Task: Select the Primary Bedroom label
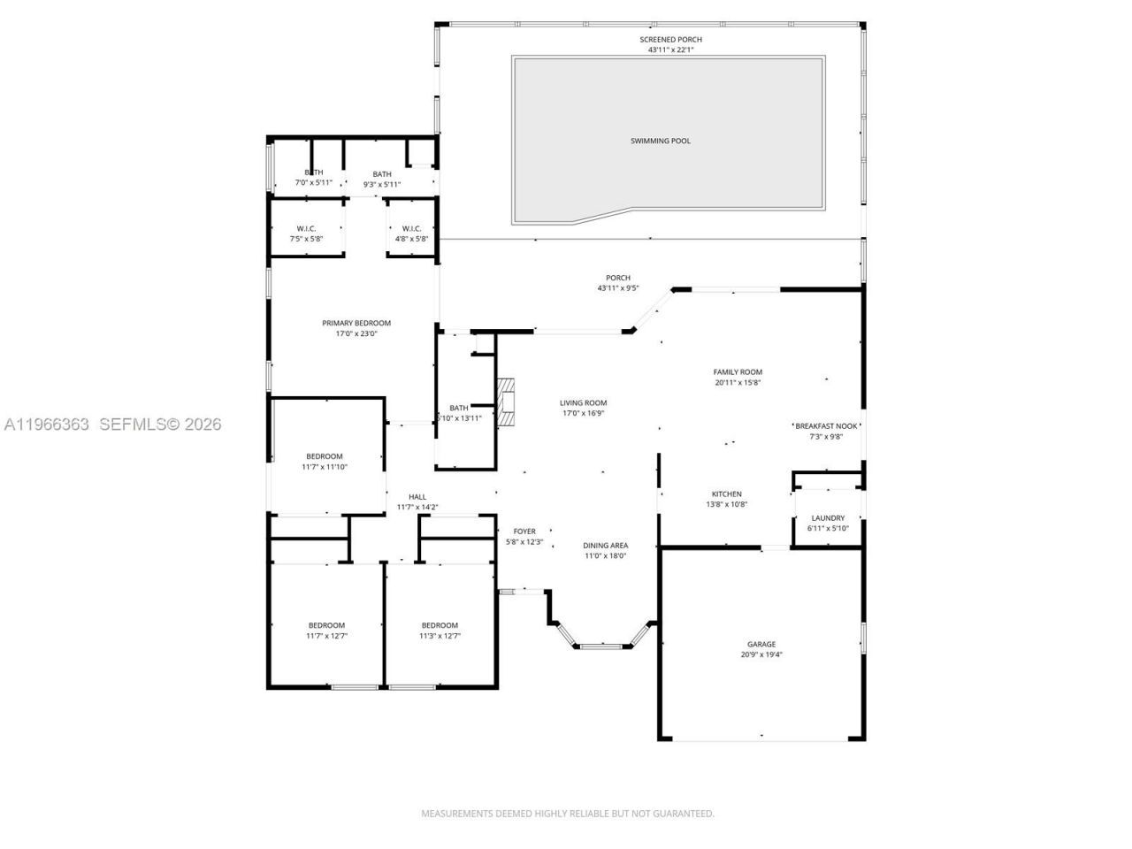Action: (356, 324)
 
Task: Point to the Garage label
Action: (761, 645)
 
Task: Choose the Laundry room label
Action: (827, 518)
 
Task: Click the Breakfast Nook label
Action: (826, 425)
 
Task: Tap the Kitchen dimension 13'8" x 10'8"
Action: (726, 505)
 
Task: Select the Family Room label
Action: (738, 372)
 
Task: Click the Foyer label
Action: (524, 532)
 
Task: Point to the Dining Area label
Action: (605, 546)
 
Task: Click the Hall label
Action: (417, 497)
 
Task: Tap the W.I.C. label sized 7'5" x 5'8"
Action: (307, 228)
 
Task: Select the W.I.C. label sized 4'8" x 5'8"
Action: (411, 228)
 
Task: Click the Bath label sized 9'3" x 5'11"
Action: (382, 174)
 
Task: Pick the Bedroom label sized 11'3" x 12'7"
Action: (440, 625)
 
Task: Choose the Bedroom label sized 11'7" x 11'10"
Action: (325, 456)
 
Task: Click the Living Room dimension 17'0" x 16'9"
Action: (583, 414)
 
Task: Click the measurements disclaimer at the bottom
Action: (567, 814)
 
